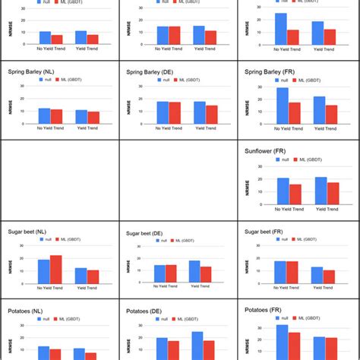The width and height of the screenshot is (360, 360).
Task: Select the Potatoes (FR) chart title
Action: (x=270, y=310)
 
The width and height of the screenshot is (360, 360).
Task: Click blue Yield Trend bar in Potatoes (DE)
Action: (x=197, y=346)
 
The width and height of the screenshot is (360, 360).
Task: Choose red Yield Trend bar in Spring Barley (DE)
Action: (x=210, y=114)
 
